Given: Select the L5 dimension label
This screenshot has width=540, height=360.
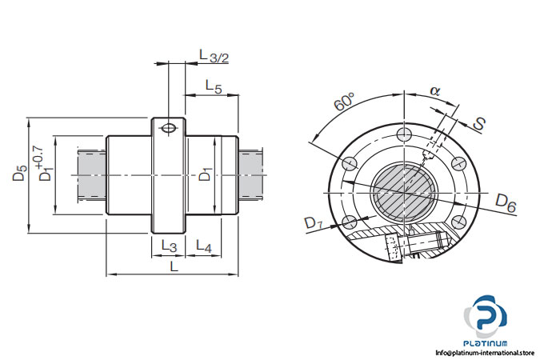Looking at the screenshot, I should tap(213, 86).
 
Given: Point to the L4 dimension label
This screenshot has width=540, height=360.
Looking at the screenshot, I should tap(203, 247).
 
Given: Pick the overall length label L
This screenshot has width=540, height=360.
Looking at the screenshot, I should tap(174, 267).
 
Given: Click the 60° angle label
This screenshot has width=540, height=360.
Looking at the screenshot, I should tap(345, 103).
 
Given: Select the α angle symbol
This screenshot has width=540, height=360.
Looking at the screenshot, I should tap(435, 91).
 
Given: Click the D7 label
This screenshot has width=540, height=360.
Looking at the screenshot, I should tap(314, 225).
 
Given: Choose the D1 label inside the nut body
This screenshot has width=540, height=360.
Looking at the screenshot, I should tap(206, 174).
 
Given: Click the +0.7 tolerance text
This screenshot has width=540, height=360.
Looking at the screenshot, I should tap(37, 158).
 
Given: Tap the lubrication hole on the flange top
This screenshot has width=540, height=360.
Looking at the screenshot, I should tap(169, 128).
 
